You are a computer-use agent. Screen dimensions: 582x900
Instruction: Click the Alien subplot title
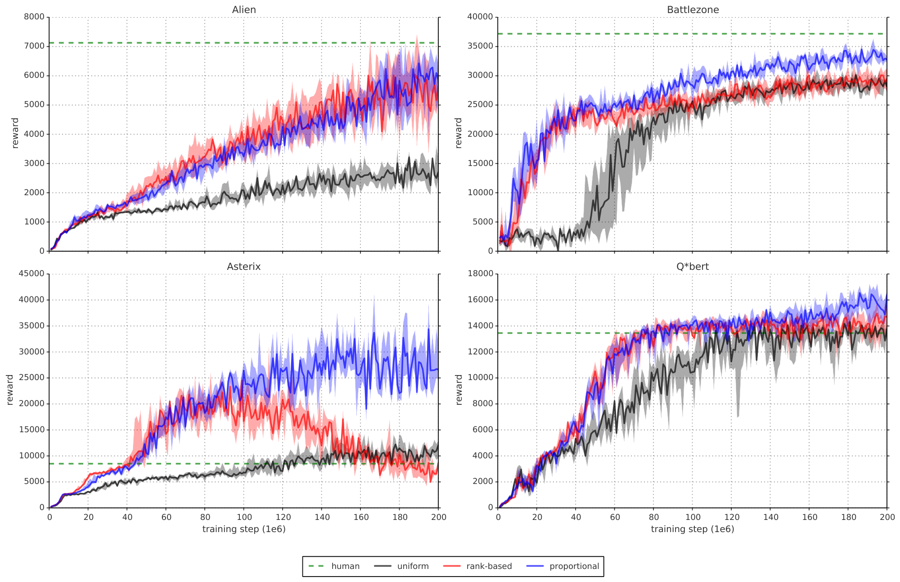tap(244, 10)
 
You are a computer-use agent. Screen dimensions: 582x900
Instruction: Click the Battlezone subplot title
tap(693, 10)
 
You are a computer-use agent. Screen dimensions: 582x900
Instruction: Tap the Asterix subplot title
tap(244, 267)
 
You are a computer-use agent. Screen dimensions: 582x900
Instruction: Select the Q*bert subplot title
tap(693, 267)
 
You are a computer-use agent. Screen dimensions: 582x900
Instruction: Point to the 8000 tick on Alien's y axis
tap(36, 17)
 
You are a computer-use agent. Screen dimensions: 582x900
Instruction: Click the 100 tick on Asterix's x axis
tap(244, 517)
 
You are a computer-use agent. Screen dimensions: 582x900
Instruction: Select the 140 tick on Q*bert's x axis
tap(770, 517)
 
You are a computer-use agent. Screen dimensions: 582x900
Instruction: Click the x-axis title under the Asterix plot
tap(244, 529)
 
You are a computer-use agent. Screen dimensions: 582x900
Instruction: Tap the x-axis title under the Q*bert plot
tap(693, 529)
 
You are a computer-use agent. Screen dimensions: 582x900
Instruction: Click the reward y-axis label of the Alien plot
tap(15, 133)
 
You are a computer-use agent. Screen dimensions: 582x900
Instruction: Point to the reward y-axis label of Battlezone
tap(459, 133)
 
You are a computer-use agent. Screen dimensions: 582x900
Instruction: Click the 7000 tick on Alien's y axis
tap(36, 46)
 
